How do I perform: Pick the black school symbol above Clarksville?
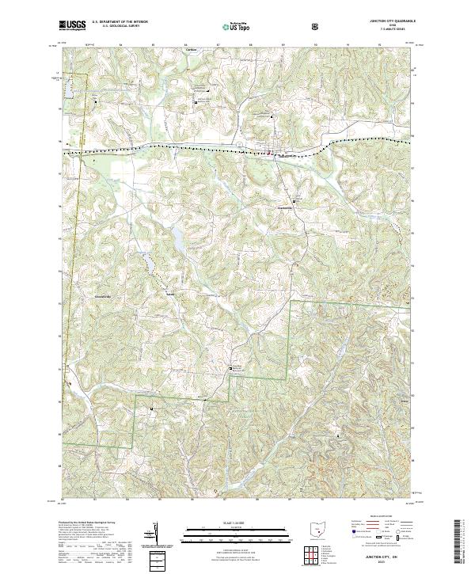click(295, 202)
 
